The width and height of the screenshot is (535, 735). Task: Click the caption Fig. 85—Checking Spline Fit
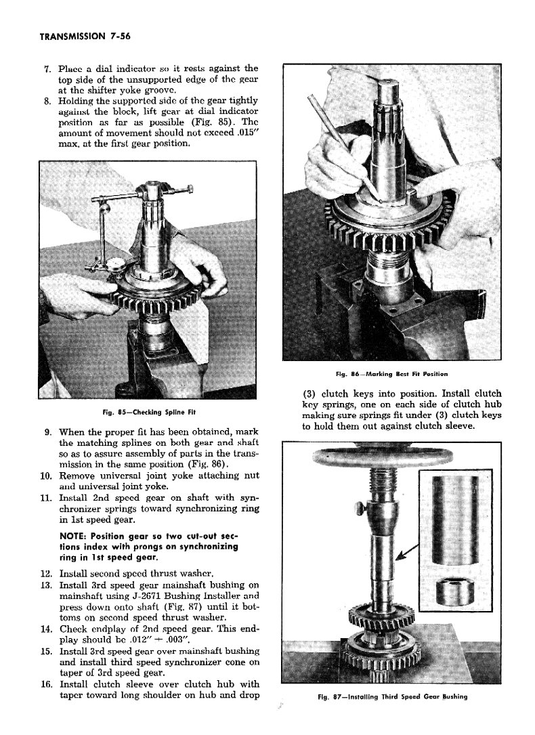click(150, 412)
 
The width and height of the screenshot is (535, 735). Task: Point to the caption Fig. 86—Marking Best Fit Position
click(391, 374)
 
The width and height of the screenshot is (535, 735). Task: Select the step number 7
click(47, 68)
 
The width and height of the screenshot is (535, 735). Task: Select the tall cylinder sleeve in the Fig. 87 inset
click(450, 519)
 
